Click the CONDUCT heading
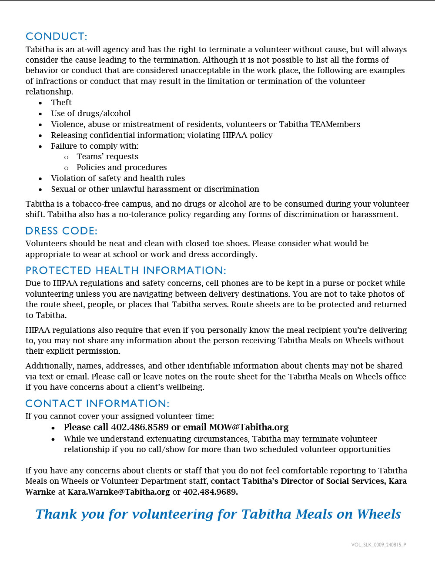[x=56, y=37]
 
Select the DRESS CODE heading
[x=61, y=231]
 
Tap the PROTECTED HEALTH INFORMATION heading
[x=126, y=271]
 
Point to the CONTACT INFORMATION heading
[x=97, y=404]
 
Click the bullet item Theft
[x=61, y=103]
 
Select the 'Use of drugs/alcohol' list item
[x=91, y=114]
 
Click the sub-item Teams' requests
[x=107, y=157]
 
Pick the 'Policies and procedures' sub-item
[x=122, y=168]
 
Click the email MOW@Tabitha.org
[x=249, y=427]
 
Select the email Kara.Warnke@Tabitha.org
[x=119, y=492]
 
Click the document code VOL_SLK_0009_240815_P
[x=378, y=545]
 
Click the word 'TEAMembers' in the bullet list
[x=335, y=124]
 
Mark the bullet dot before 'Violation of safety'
[x=40, y=179]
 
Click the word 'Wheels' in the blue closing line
[x=379, y=514]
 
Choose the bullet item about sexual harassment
[x=155, y=189]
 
